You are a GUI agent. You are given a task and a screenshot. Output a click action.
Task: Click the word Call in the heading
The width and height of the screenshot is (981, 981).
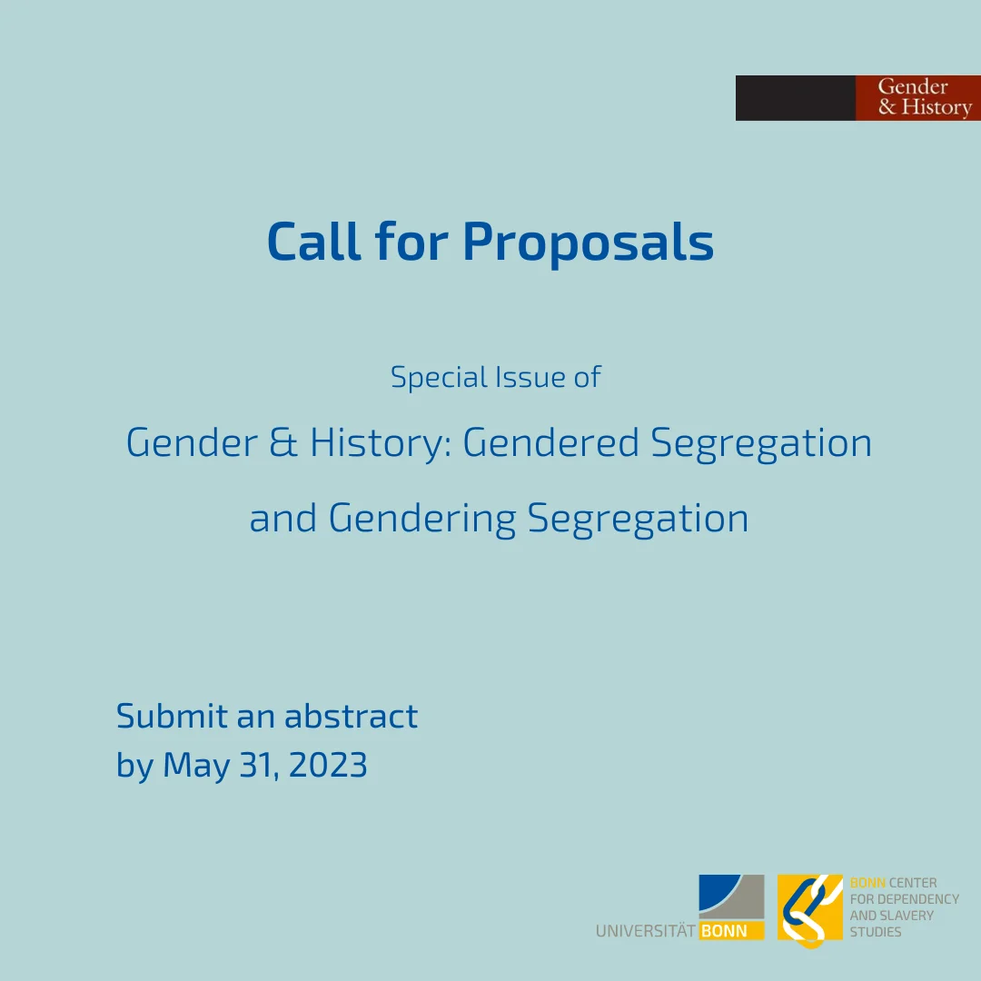click(x=314, y=241)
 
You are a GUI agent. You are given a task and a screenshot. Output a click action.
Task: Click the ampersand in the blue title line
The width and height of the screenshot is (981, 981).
click(x=283, y=442)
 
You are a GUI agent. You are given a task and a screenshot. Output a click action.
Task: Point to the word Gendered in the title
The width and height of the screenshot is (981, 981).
click(x=550, y=442)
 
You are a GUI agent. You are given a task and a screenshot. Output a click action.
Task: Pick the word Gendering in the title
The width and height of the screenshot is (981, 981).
click(x=422, y=520)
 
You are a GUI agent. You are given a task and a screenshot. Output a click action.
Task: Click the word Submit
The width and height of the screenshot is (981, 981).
click(x=172, y=716)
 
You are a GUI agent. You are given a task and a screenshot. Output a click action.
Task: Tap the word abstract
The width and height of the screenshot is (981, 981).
click(x=351, y=716)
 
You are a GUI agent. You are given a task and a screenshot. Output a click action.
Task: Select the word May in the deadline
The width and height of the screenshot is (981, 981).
click(x=196, y=766)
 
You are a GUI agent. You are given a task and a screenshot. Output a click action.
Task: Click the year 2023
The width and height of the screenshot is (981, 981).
click(x=328, y=765)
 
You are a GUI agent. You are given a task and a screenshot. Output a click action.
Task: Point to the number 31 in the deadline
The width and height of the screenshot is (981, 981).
click(x=259, y=765)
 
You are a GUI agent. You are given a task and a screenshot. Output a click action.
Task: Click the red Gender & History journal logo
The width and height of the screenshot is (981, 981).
click(x=917, y=97)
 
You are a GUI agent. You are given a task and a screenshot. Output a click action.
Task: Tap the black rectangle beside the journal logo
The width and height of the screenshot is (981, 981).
click(x=795, y=97)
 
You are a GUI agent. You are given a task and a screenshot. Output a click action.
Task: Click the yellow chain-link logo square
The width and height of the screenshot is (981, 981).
click(x=810, y=908)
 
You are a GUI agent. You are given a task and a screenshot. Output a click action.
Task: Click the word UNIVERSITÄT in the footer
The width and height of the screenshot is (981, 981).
click(x=646, y=931)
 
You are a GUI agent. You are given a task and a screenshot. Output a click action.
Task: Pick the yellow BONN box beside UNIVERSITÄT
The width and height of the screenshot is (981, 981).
click(x=731, y=931)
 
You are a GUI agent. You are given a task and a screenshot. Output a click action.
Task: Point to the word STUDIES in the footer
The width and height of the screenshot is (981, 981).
click(x=876, y=932)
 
